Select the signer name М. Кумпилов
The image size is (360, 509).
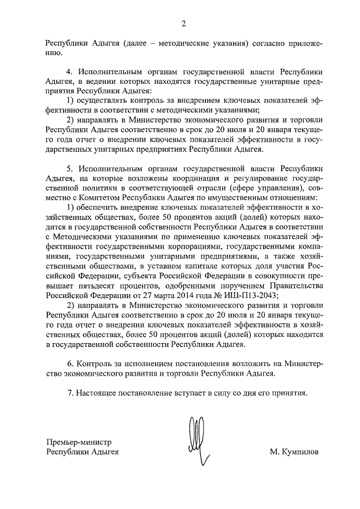click(294, 452)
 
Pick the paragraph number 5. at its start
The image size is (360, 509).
click(70, 168)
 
